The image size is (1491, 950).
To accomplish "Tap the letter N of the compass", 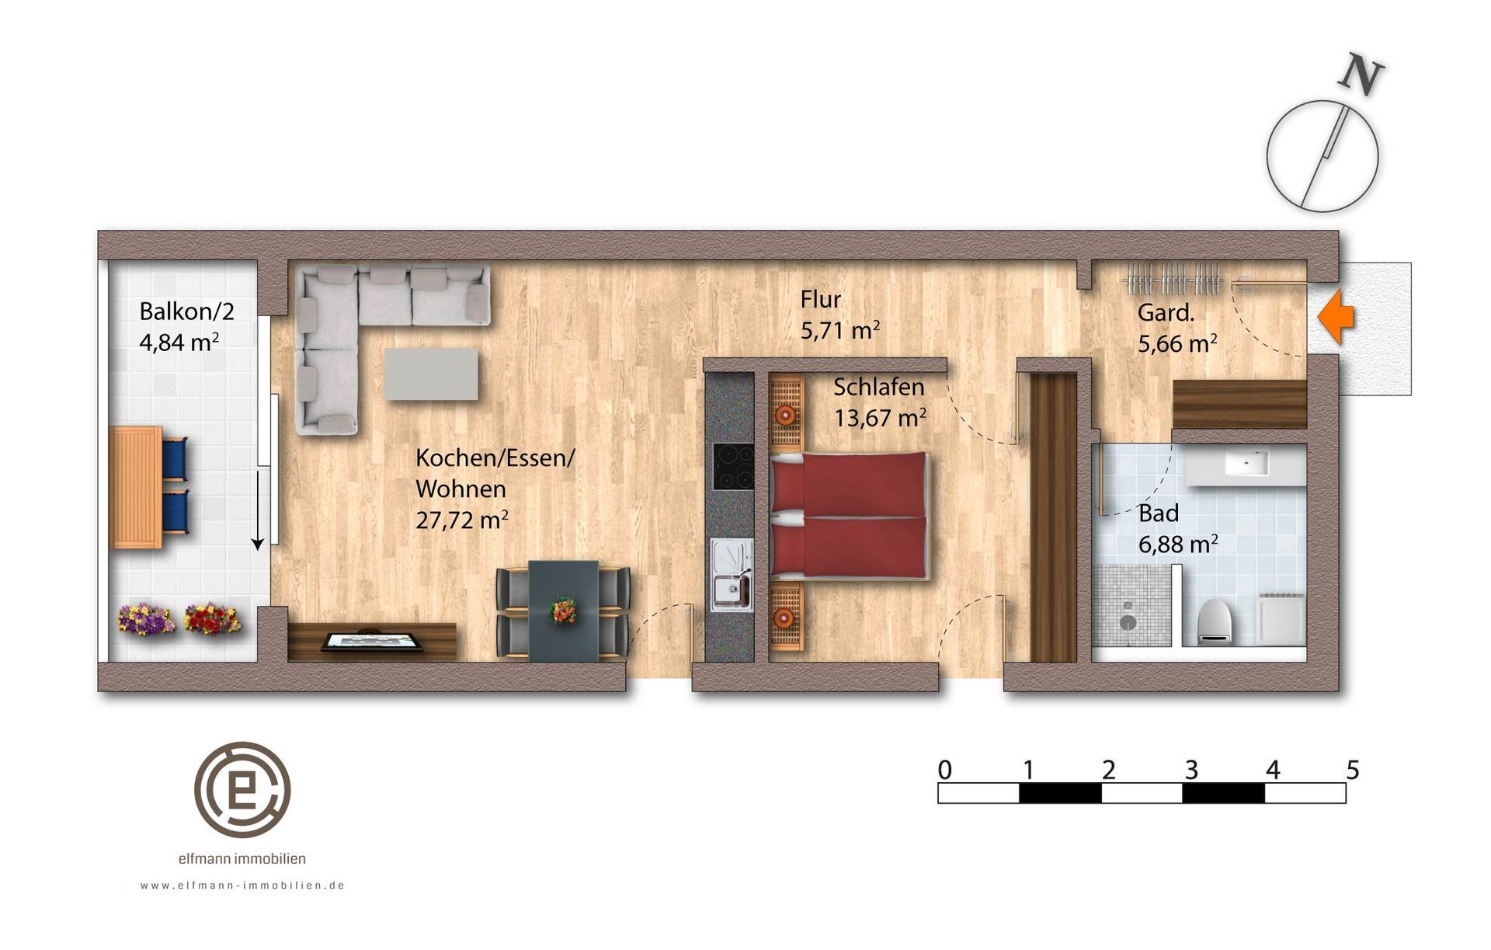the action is point(1361,75).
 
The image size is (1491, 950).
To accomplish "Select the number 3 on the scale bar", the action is point(1191,770).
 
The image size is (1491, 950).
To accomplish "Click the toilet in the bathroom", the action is point(1215,621).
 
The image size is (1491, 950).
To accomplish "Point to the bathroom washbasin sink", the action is point(1246,464).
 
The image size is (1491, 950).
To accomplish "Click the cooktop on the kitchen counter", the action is point(733,466).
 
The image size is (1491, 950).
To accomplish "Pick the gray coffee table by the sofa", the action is point(431,374).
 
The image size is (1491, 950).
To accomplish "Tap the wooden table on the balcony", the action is point(137,487).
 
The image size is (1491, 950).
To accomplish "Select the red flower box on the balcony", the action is point(211,618).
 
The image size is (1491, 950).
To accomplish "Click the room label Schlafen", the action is point(879,387).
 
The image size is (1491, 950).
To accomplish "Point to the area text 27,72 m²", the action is point(462,520).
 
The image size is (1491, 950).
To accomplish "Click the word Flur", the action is point(821,299).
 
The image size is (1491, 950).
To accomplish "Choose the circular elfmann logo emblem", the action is point(242,789).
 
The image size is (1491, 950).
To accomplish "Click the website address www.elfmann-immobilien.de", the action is point(242,886).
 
